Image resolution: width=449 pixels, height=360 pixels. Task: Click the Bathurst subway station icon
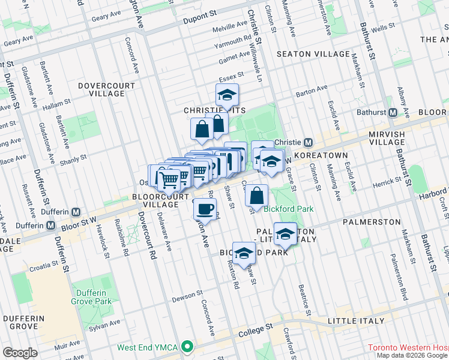point(394,113)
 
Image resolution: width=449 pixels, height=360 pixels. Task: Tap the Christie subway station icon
point(308,142)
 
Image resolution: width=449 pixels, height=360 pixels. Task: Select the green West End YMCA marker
point(188,347)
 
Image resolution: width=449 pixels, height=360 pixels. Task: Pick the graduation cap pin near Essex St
point(227,95)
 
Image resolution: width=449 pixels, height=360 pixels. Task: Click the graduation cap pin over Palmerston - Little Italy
point(286,234)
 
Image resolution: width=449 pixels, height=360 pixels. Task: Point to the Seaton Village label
point(310,54)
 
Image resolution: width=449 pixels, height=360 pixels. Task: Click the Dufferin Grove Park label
point(92,297)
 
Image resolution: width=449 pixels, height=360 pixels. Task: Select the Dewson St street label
point(188,296)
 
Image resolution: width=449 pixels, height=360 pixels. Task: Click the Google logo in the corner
point(20,353)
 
